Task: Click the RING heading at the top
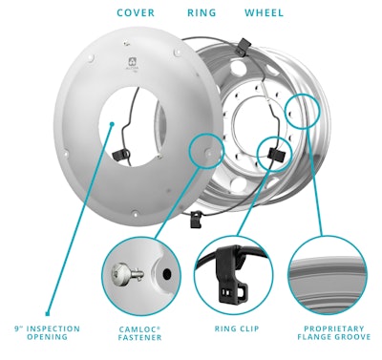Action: click(x=202, y=13)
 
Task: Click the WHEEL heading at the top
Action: click(x=264, y=13)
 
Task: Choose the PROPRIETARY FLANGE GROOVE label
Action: click(x=326, y=333)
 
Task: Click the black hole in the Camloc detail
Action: click(x=166, y=273)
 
